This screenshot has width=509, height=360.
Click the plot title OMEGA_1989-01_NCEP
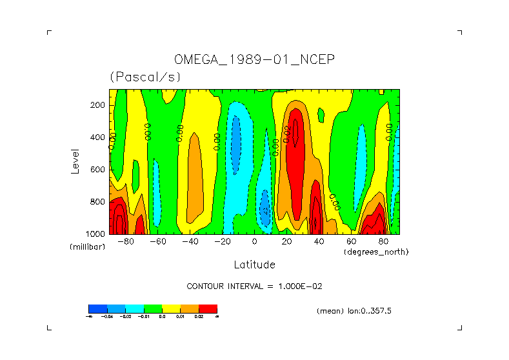pos(254,60)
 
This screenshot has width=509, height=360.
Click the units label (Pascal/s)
pos(145,77)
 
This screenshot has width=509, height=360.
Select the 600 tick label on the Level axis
pos(98,169)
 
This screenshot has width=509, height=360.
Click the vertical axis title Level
pos(76,161)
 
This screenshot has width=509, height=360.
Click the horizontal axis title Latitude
pos(254,265)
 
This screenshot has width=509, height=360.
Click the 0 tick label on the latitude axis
pos(255,242)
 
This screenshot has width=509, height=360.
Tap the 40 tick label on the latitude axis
pos(319,242)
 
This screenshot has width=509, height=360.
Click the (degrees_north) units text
pos(376,252)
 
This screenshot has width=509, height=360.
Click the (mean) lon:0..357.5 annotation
pos(354,310)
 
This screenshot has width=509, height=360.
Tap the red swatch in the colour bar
pos(208,308)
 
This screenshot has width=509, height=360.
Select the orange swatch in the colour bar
pos(190,308)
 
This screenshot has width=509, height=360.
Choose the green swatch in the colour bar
pos(153,308)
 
